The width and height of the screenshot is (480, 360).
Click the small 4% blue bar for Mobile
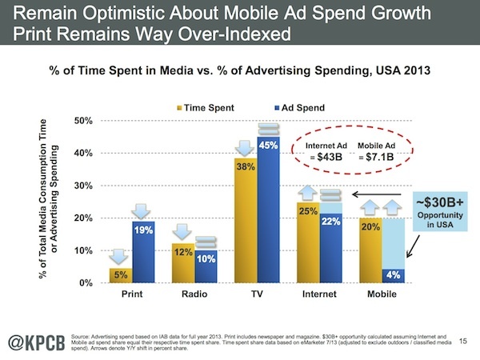coord(391,276)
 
